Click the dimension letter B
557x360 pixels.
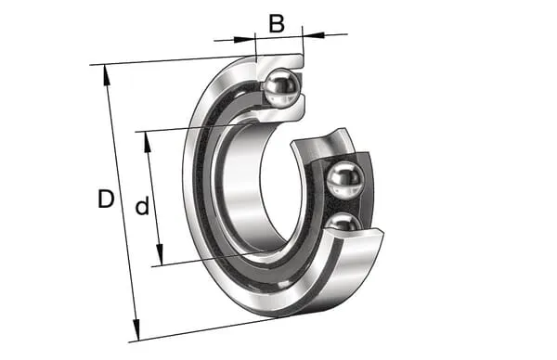(277, 23)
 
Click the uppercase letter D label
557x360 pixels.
(106, 199)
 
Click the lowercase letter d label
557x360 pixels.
(142, 206)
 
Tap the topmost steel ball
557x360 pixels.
(283, 88)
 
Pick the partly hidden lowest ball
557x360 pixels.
(343, 222)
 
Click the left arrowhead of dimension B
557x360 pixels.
(245, 39)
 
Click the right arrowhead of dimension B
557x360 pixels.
(314, 34)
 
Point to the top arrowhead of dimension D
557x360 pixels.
(106, 75)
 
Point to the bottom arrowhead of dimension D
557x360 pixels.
(136, 330)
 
